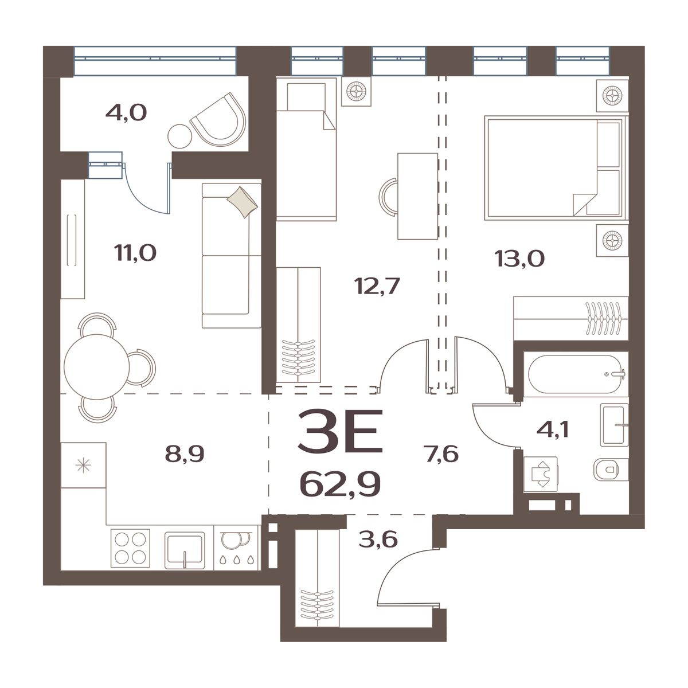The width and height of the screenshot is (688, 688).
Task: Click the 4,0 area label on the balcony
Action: click(x=126, y=113)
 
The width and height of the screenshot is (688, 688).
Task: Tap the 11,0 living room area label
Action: click(x=136, y=253)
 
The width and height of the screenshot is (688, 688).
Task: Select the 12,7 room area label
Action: click(x=377, y=286)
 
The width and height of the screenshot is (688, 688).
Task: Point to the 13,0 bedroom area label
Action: click(x=519, y=259)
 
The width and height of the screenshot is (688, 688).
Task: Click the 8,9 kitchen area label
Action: click(x=185, y=454)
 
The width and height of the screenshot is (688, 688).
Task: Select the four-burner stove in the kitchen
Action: click(x=131, y=548)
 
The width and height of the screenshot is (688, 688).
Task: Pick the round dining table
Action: click(x=96, y=367)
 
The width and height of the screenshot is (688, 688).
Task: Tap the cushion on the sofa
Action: click(x=243, y=202)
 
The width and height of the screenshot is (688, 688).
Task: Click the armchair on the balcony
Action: click(x=219, y=119)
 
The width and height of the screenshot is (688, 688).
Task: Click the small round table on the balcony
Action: click(x=180, y=136)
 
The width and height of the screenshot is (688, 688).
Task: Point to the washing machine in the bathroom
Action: click(x=541, y=474)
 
